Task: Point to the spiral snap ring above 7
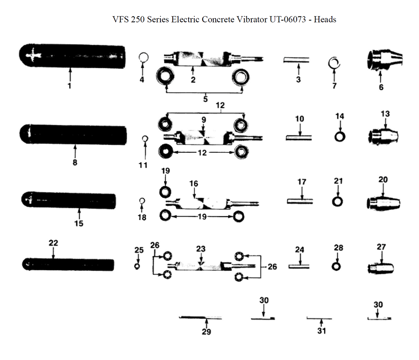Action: tap(334, 62)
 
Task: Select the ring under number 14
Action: tap(339, 136)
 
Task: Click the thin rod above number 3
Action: tap(297, 60)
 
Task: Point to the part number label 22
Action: tap(53, 243)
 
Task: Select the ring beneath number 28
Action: tap(336, 266)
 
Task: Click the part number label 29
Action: tap(206, 332)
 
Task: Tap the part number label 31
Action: tap(321, 331)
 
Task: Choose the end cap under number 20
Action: tap(383, 203)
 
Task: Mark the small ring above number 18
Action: tap(142, 201)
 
